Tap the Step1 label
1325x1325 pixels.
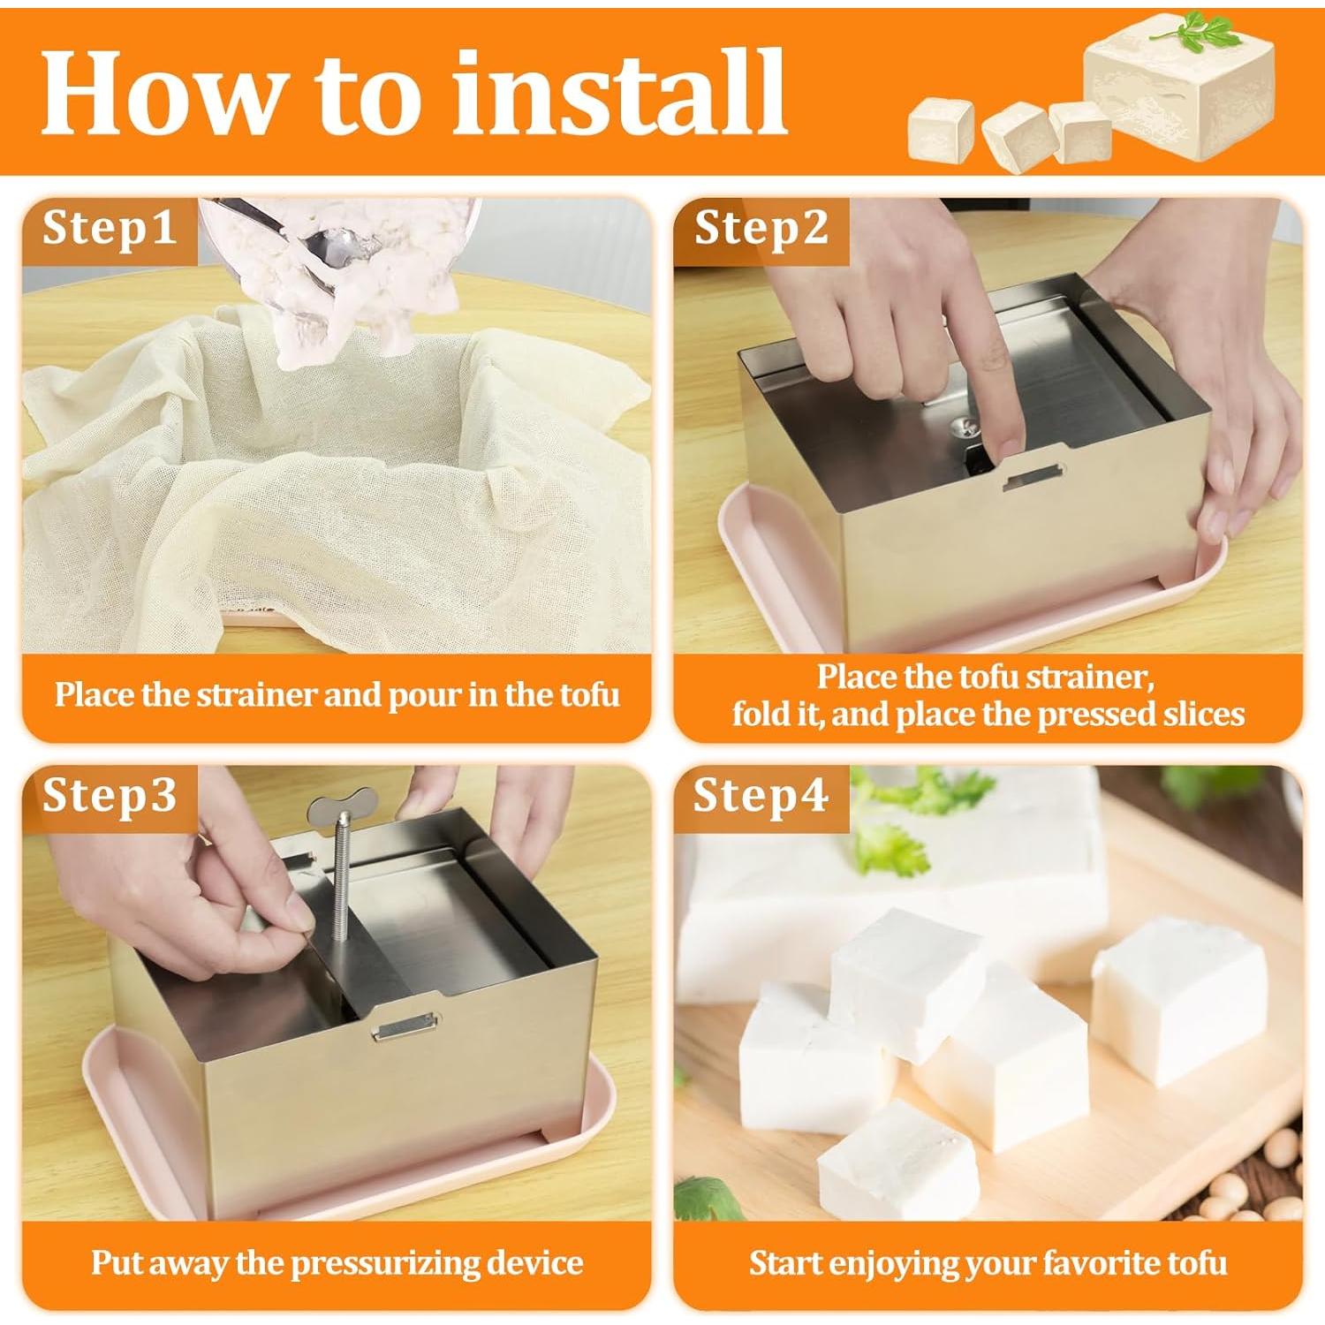tap(109, 229)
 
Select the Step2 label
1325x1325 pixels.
tap(761, 229)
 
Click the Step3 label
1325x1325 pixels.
tap(109, 795)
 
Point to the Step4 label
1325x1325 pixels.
tap(761, 795)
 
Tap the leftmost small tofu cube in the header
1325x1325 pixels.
tap(940, 131)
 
